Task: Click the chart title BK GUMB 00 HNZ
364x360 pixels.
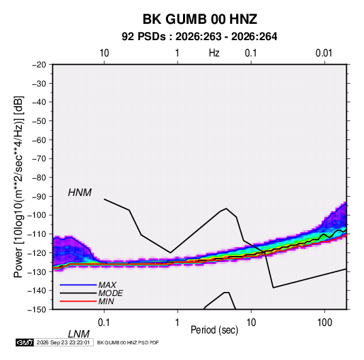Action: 199,19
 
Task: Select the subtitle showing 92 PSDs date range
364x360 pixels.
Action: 199,37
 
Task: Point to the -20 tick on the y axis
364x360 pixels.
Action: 39,65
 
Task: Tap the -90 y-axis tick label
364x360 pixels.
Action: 39,197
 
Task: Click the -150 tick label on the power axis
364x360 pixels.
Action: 37,310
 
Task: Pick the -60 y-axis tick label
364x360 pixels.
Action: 39,140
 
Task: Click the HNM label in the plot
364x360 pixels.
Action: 80,193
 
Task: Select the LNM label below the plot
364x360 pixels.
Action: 79,334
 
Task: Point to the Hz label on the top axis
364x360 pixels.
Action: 214,53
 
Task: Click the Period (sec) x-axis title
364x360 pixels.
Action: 214,330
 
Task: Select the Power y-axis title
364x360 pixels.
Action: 18,187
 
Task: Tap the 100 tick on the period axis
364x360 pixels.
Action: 325,323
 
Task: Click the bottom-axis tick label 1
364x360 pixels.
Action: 177,323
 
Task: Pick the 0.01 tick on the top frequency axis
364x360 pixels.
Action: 324,53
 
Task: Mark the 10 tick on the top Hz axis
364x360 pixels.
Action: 104,53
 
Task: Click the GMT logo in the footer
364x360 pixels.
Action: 24,342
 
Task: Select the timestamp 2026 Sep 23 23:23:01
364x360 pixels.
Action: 63,342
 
